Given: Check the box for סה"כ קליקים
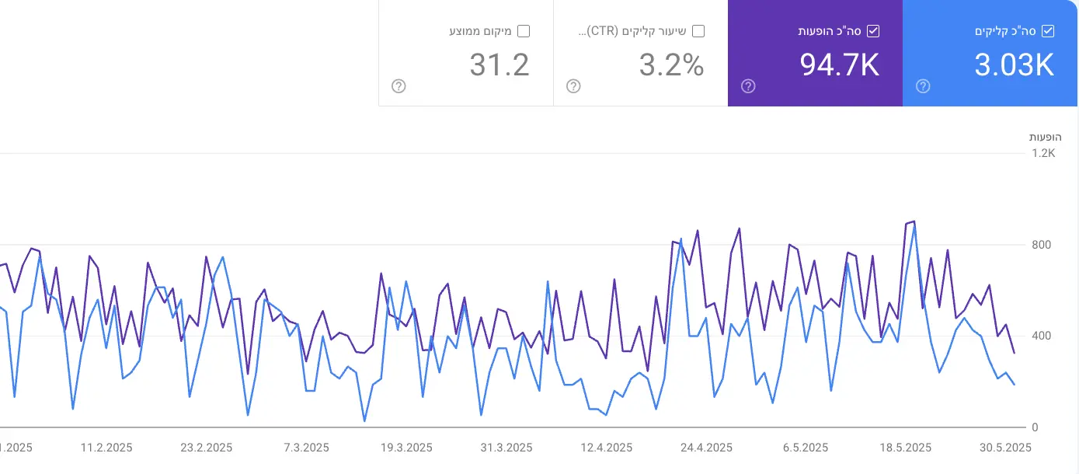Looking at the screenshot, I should pos(1048,31).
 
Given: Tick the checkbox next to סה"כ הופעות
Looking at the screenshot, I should pos(873,31).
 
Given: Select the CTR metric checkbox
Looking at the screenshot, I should pos(698,31).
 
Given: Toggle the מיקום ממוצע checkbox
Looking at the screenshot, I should pos(524,31).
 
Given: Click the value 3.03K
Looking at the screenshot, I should pos(1014,65).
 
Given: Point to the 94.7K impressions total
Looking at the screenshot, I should pos(839,65).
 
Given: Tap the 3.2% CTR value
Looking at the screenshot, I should pos(671,65).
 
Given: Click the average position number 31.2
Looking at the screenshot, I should pos(499,65).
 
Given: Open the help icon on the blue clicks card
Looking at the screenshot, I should pos(923,86).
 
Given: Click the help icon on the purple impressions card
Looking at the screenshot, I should pos(748,86).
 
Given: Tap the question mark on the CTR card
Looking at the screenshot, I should pos(573,86).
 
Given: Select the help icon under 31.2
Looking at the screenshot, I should pos(399,86).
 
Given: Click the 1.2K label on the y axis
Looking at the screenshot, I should pos(1043,153).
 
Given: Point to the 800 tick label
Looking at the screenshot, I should pos(1040,245).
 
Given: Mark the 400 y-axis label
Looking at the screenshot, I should pos(1040,336).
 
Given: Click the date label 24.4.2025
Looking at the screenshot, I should pos(706,448).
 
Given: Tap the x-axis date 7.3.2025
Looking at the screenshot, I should pos(306,448).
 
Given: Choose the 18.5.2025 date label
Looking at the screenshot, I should pos(905,448).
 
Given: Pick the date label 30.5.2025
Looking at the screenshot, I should pos(1004,448).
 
